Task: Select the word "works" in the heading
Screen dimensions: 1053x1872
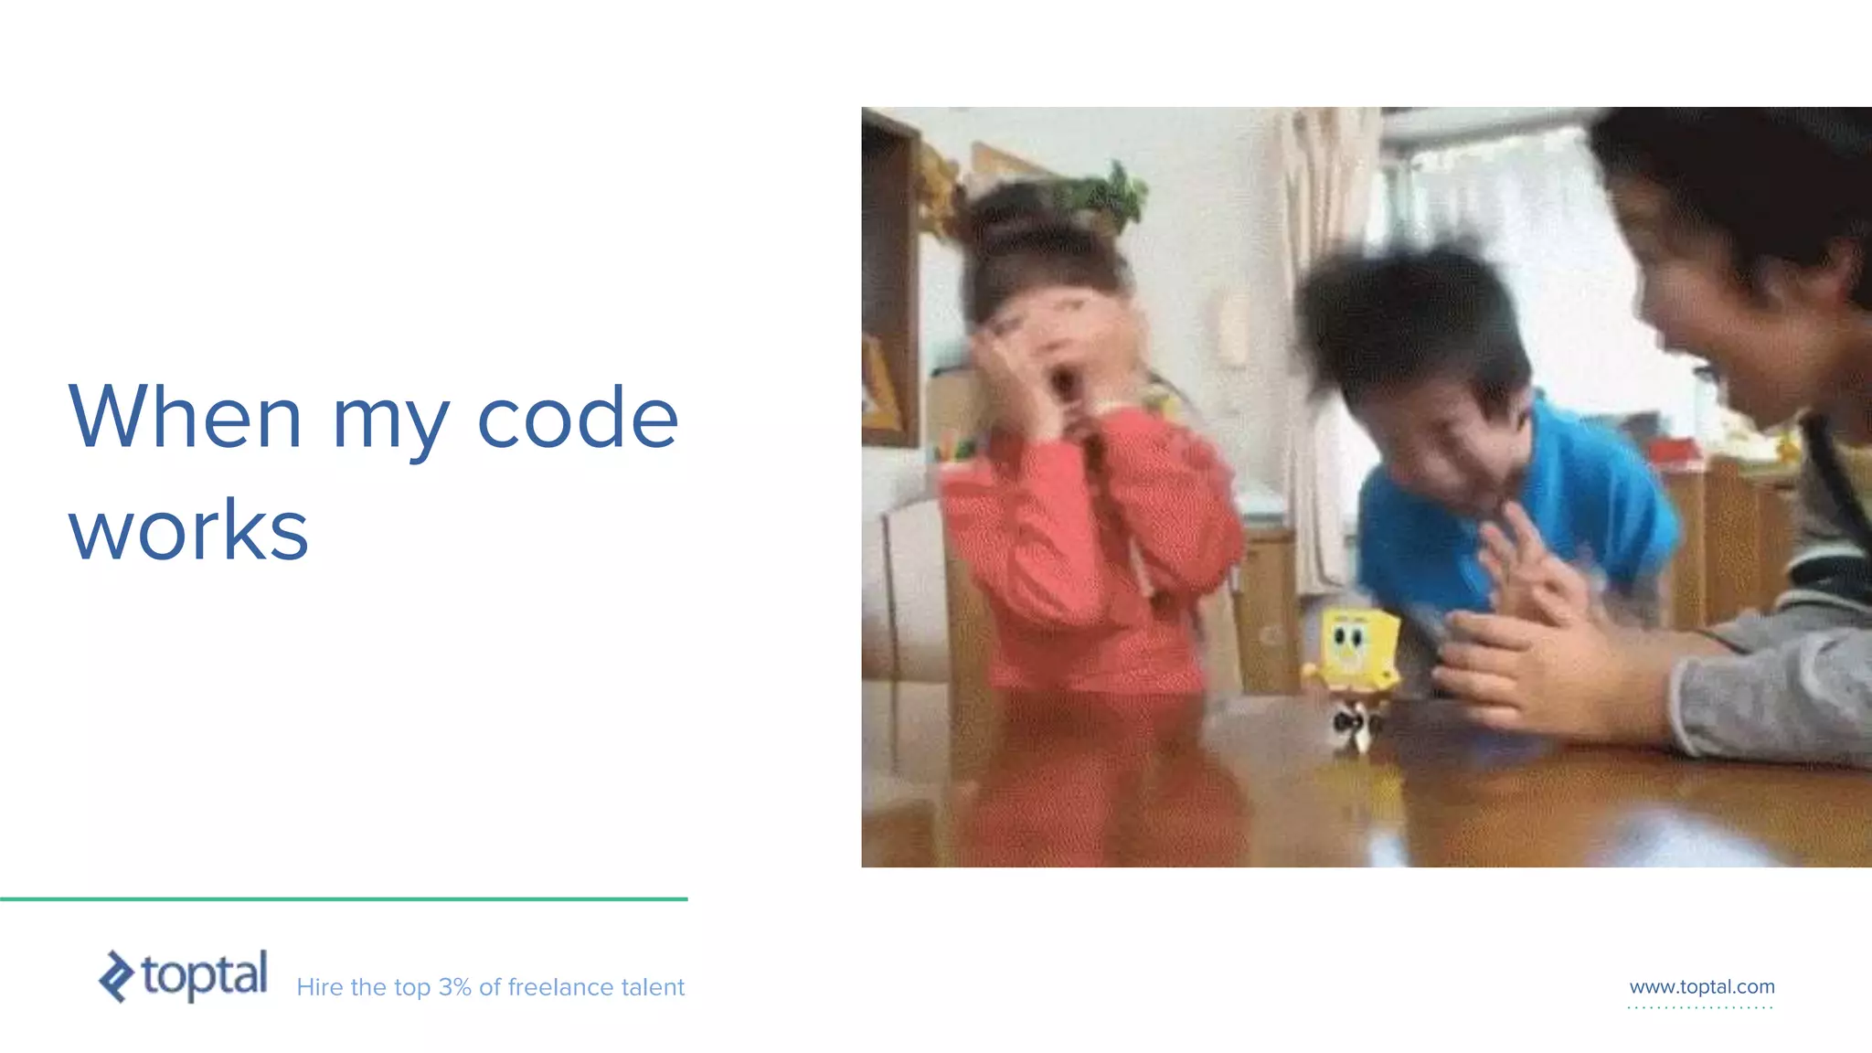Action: pos(188,530)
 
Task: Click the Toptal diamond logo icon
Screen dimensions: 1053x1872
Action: pos(116,976)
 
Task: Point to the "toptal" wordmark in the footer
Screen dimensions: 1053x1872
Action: pos(205,974)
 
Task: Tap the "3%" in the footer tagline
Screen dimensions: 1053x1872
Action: pos(454,987)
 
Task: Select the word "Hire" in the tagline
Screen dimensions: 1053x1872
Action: pos(319,987)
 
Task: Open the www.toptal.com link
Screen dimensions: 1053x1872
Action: pos(1701,987)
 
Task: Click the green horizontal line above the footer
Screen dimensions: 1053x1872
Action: pos(344,899)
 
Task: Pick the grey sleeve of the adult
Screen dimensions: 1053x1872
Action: pos(1773,686)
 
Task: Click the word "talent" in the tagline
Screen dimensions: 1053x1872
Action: pos(653,987)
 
